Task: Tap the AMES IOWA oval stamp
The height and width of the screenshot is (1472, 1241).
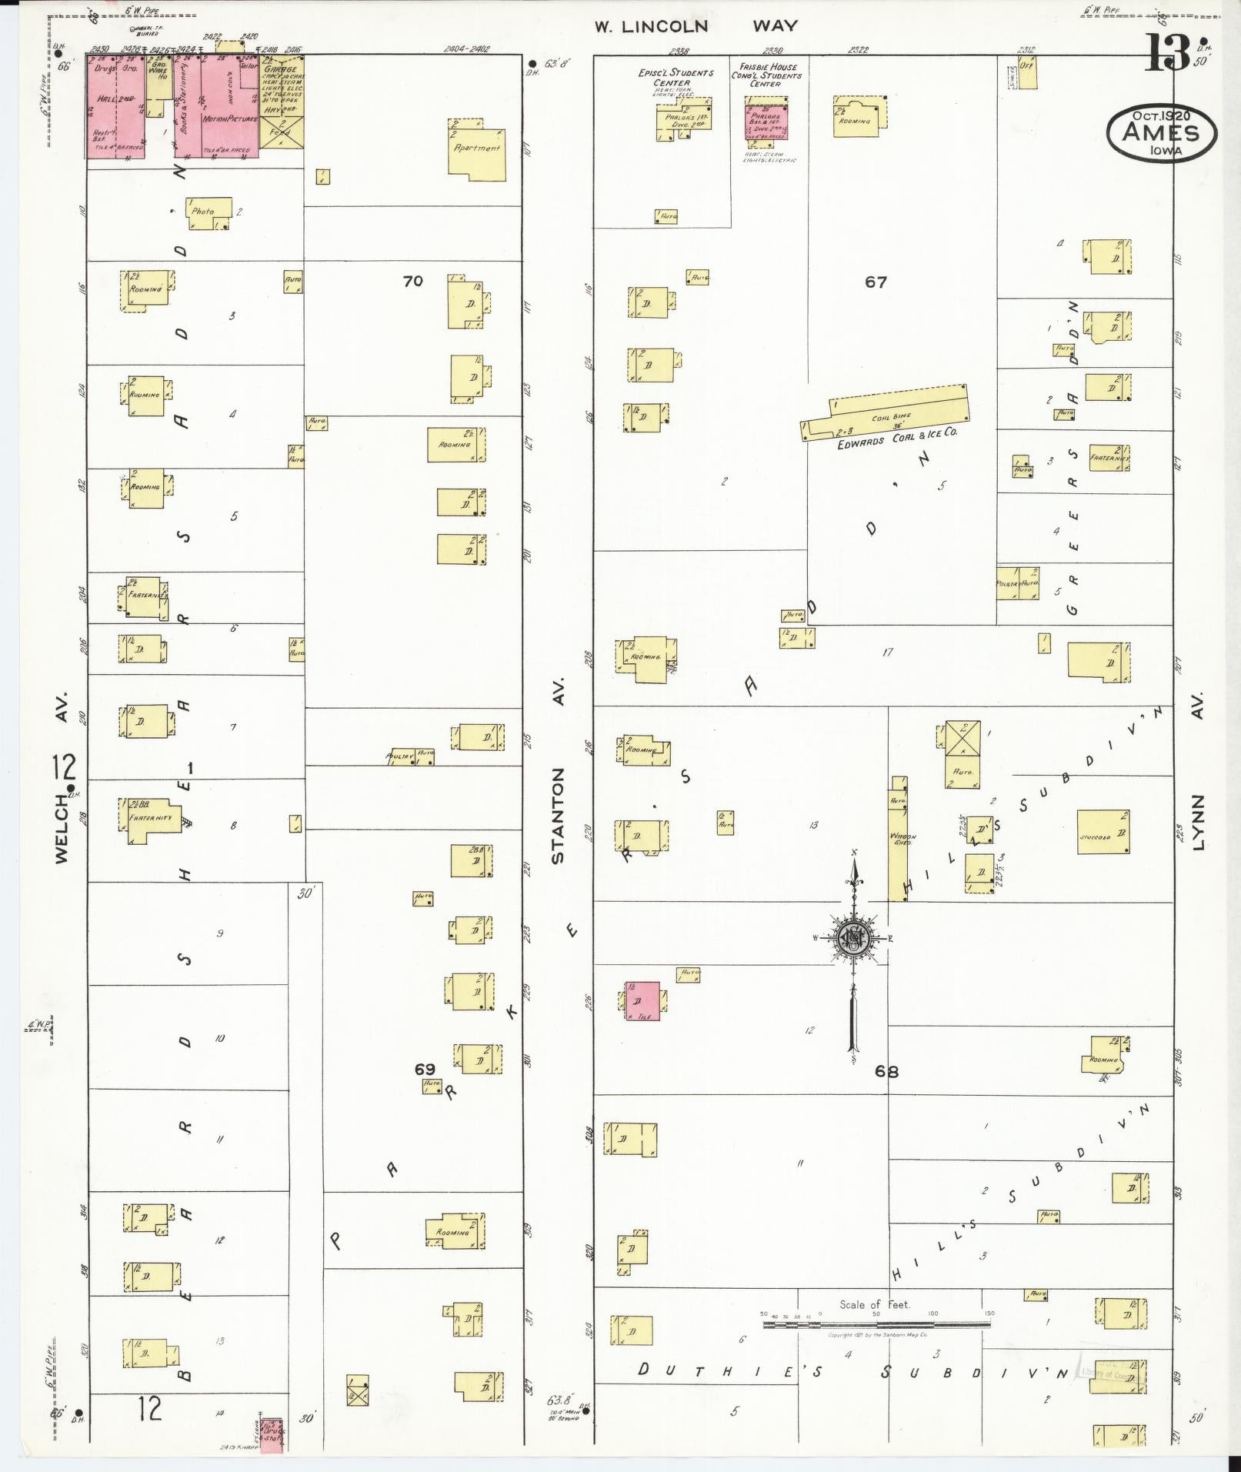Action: pos(1162,132)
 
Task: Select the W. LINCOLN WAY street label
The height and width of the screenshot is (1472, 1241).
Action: pos(696,26)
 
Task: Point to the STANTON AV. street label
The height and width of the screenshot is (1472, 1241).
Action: pos(559,770)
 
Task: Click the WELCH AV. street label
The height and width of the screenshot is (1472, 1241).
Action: pos(62,777)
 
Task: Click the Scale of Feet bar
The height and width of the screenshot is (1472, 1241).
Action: pos(876,1325)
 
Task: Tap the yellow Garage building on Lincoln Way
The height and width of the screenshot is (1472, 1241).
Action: pos(280,100)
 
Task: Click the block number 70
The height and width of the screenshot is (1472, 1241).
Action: pos(413,281)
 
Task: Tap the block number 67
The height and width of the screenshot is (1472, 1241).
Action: pos(876,282)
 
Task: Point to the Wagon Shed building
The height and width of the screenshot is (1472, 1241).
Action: pos(898,839)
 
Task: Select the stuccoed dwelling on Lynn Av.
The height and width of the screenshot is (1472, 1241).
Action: pos(1103,832)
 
